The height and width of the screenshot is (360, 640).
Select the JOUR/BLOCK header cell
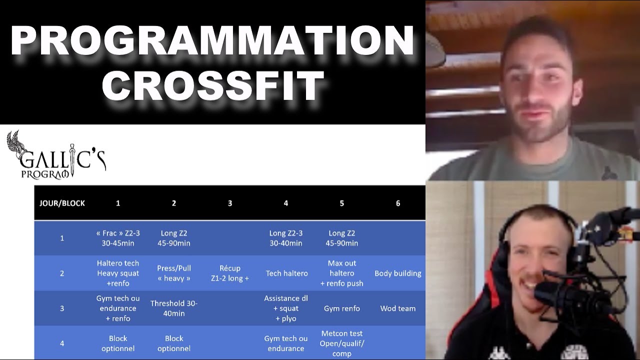pyautogui.click(x=62, y=203)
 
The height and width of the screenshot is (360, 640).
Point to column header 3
pyautogui.click(x=230, y=203)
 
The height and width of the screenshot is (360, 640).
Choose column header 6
pyautogui.click(x=398, y=203)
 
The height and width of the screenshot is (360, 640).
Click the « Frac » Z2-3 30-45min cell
pyautogui.click(x=118, y=238)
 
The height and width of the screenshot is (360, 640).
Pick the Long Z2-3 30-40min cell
pyautogui.click(x=286, y=238)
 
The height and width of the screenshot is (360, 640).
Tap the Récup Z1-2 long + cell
pyautogui.click(x=230, y=273)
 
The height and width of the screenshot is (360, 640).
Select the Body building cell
pyautogui.click(x=398, y=273)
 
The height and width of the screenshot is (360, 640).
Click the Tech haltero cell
pyautogui.click(x=286, y=273)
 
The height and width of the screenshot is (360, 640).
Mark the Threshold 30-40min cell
pyautogui.click(x=174, y=308)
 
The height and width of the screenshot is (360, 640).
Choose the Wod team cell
pyautogui.click(x=398, y=308)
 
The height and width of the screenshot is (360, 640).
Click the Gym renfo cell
pyautogui.click(x=342, y=308)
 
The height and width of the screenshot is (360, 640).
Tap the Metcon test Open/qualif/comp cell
pyautogui.click(x=342, y=343)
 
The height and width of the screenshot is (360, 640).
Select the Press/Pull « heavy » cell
pyautogui.click(x=174, y=273)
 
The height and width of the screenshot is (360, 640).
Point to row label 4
pyautogui.click(x=62, y=343)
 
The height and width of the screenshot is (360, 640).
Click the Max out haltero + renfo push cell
pyautogui.click(x=342, y=273)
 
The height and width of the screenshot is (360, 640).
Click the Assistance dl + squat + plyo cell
pyautogui.click(x=286, y=308)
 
